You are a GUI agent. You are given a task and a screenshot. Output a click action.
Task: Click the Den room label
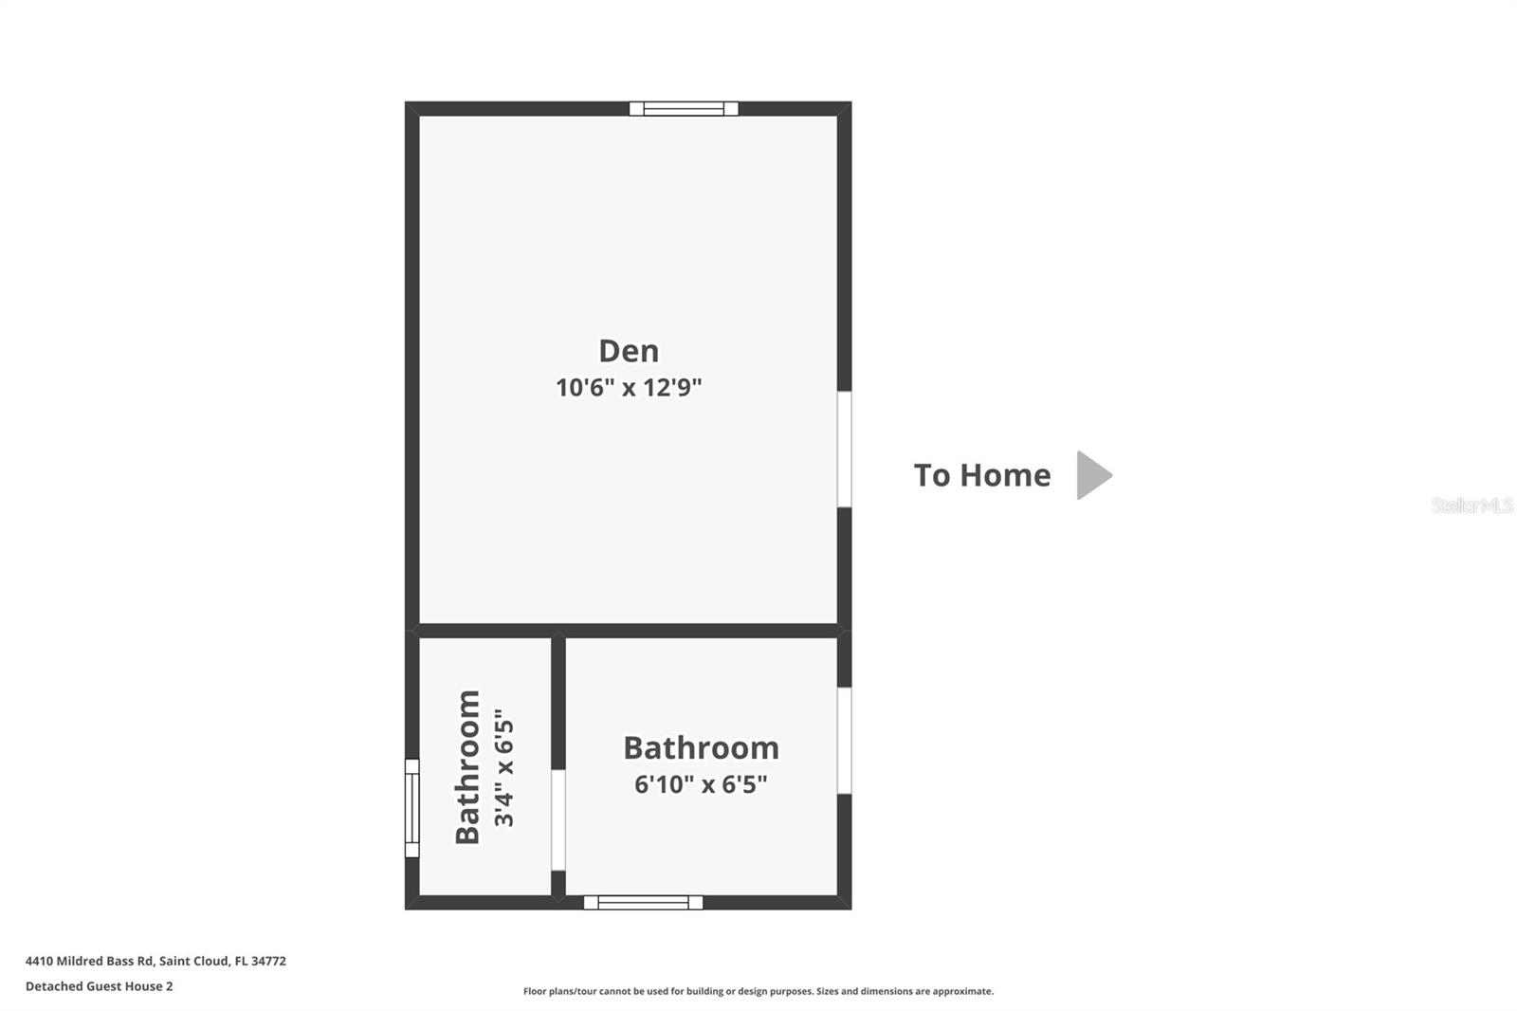pos(629,351)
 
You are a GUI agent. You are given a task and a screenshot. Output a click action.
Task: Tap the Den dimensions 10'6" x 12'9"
pos(629,387)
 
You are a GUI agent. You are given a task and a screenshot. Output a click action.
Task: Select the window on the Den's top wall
pos(684,108)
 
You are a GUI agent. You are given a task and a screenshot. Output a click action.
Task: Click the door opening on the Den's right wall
pos(844,449)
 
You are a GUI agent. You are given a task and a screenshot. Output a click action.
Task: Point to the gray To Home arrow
pos(1093,475)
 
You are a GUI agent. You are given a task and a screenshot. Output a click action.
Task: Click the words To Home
pos(981,475)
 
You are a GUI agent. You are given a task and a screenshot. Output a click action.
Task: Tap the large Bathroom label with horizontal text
pos(701,748)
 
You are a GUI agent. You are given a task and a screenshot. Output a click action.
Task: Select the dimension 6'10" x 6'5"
pos(701,784)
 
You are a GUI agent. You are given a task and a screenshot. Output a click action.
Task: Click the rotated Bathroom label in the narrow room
pos(467,766)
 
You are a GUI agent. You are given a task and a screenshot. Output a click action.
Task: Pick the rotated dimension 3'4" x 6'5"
pos(503,766)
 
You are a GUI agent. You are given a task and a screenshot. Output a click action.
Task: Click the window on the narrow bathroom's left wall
pos(411,808)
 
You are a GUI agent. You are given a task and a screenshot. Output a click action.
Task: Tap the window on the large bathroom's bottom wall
pos(643,902)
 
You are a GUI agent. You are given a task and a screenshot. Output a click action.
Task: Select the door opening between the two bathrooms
pos(558,819)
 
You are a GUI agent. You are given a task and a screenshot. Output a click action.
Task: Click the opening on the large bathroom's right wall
pos(844,740)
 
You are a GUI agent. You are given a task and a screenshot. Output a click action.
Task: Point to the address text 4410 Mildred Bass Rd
pos(89,961)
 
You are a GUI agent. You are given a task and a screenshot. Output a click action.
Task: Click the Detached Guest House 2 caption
pos(99,986)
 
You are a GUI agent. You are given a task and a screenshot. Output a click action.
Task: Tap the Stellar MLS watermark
pos(1471,505)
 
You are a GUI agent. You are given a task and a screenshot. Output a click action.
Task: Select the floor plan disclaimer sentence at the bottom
pos(758,991)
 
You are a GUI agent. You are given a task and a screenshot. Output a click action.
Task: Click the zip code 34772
pos(268,961)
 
